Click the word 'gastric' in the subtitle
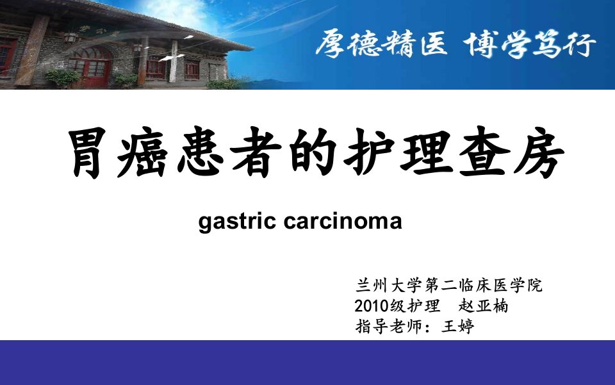tap(237, 222)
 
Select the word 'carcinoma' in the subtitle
tap(343, 221)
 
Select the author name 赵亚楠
tap(483, 306)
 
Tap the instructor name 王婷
tap(457, 326)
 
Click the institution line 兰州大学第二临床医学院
tap(448, 286)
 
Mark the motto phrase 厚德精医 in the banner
tap(381, 44)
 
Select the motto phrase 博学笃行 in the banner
tap(530, 44)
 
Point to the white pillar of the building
tap(174, 61)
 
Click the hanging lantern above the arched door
tap(70, 38)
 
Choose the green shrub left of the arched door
tap(62, 78)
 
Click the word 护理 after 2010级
tap(423, 306)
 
